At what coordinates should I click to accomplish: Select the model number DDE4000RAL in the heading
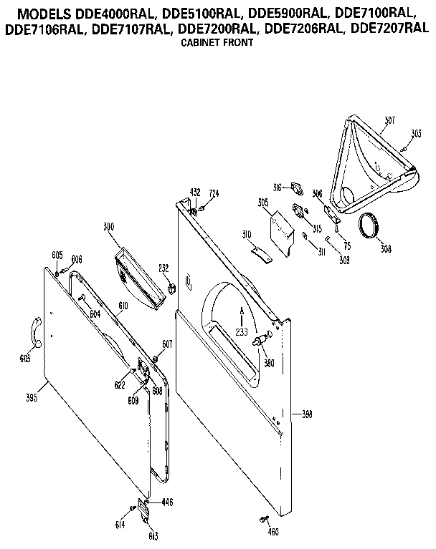coord(109,12)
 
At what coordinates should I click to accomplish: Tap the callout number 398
coord(306,414)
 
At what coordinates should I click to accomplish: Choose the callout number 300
coord(109,227)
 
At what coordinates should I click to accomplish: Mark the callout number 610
coord(123,306)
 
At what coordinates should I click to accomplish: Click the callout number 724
coord(213,193)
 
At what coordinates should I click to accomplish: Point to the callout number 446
coord(167,502)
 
